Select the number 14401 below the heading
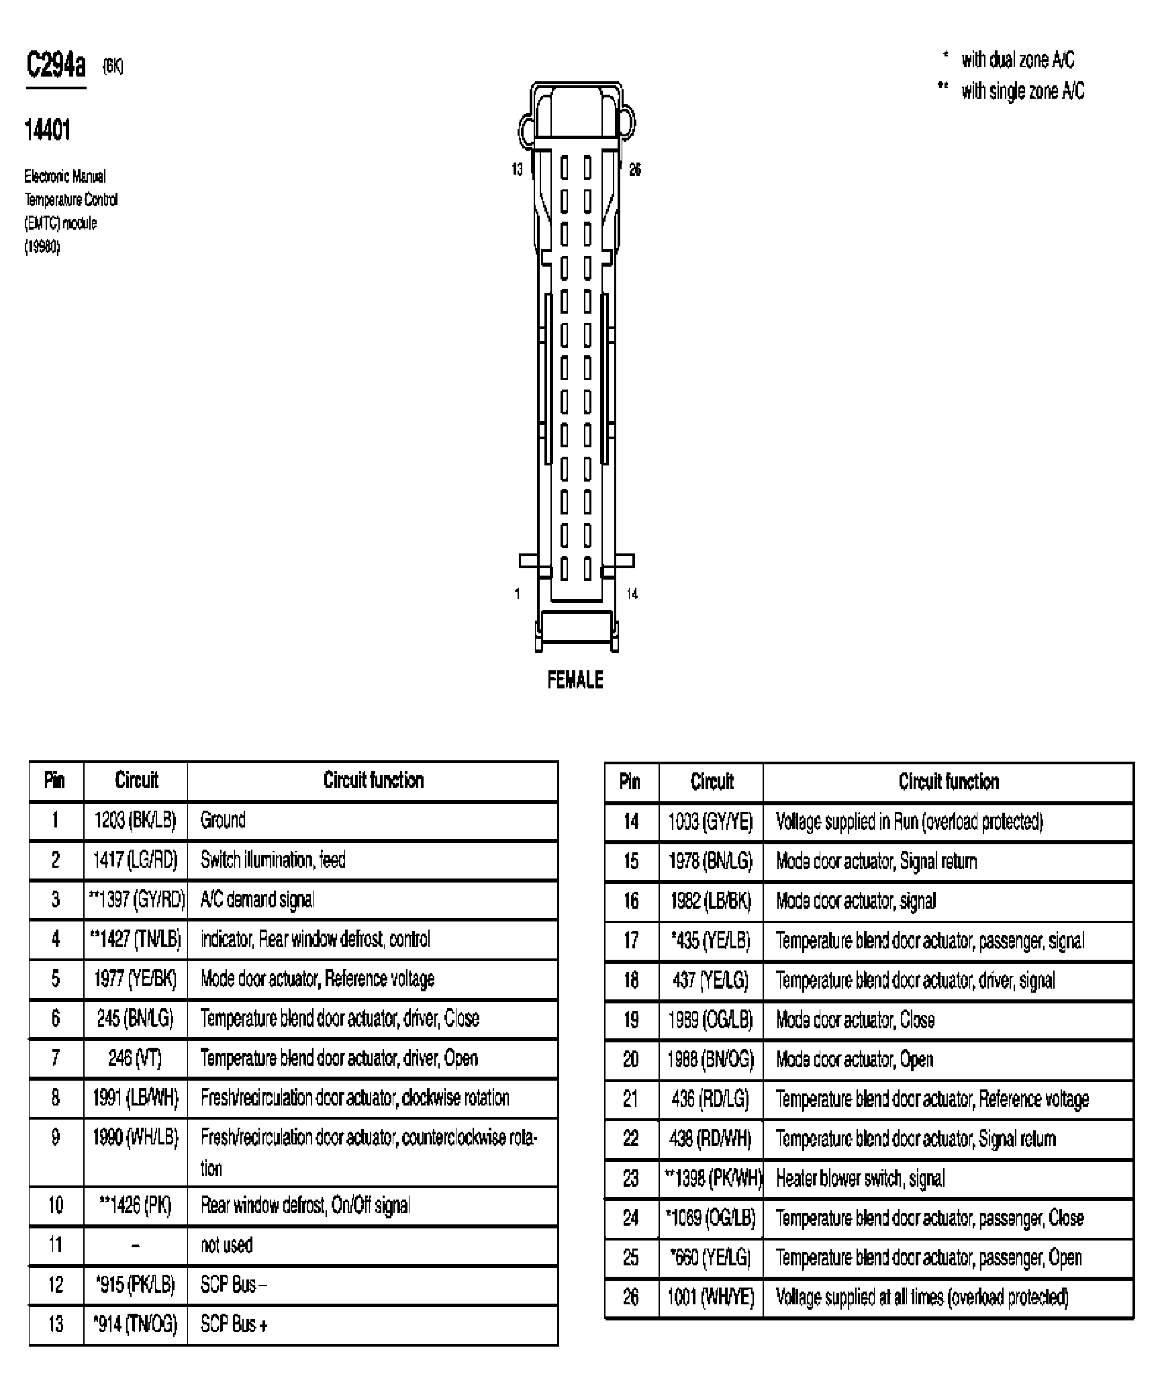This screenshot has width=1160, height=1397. [x=47, y=130]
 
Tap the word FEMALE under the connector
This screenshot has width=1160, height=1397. [x=575, y=680]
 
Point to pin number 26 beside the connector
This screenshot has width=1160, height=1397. [x=634, y=169]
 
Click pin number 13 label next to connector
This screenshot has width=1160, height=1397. [x=517, y=169]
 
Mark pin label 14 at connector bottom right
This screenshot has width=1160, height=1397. [x=632, y=594]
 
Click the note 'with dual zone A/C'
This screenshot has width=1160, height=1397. [x=1017, y=60]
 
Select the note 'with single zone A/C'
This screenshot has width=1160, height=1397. [x=1022, y=91]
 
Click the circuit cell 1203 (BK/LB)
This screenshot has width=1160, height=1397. [x=136, y=820]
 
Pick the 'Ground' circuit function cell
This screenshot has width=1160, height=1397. [x=223, y=820]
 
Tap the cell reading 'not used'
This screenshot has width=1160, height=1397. [x=227, y=1245]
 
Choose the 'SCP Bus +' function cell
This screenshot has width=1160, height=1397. [x=234, y=1324]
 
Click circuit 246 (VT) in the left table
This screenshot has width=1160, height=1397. [x=135, y=1058]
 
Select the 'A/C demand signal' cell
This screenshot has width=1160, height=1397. [x=257, y=899]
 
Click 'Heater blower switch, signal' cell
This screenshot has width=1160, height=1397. [x=860, y=1178]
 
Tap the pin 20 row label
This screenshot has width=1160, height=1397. [x=631, y=1059]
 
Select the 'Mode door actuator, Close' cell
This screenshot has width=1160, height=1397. [x=855, y=1020]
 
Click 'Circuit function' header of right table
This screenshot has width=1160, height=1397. [x=948, y=782]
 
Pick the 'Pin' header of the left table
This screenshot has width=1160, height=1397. [x=55, y=780]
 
